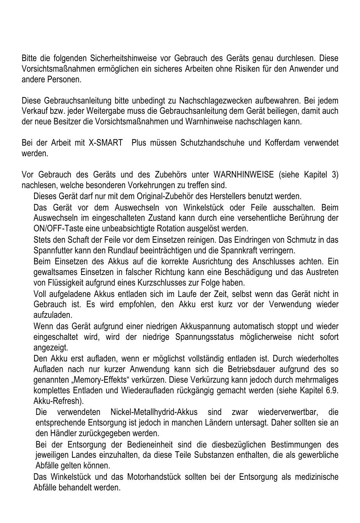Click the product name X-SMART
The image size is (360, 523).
tap(106, 143)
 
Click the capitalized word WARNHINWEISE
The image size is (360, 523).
tap(243, 175)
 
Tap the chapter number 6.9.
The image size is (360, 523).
tap(332, 391)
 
